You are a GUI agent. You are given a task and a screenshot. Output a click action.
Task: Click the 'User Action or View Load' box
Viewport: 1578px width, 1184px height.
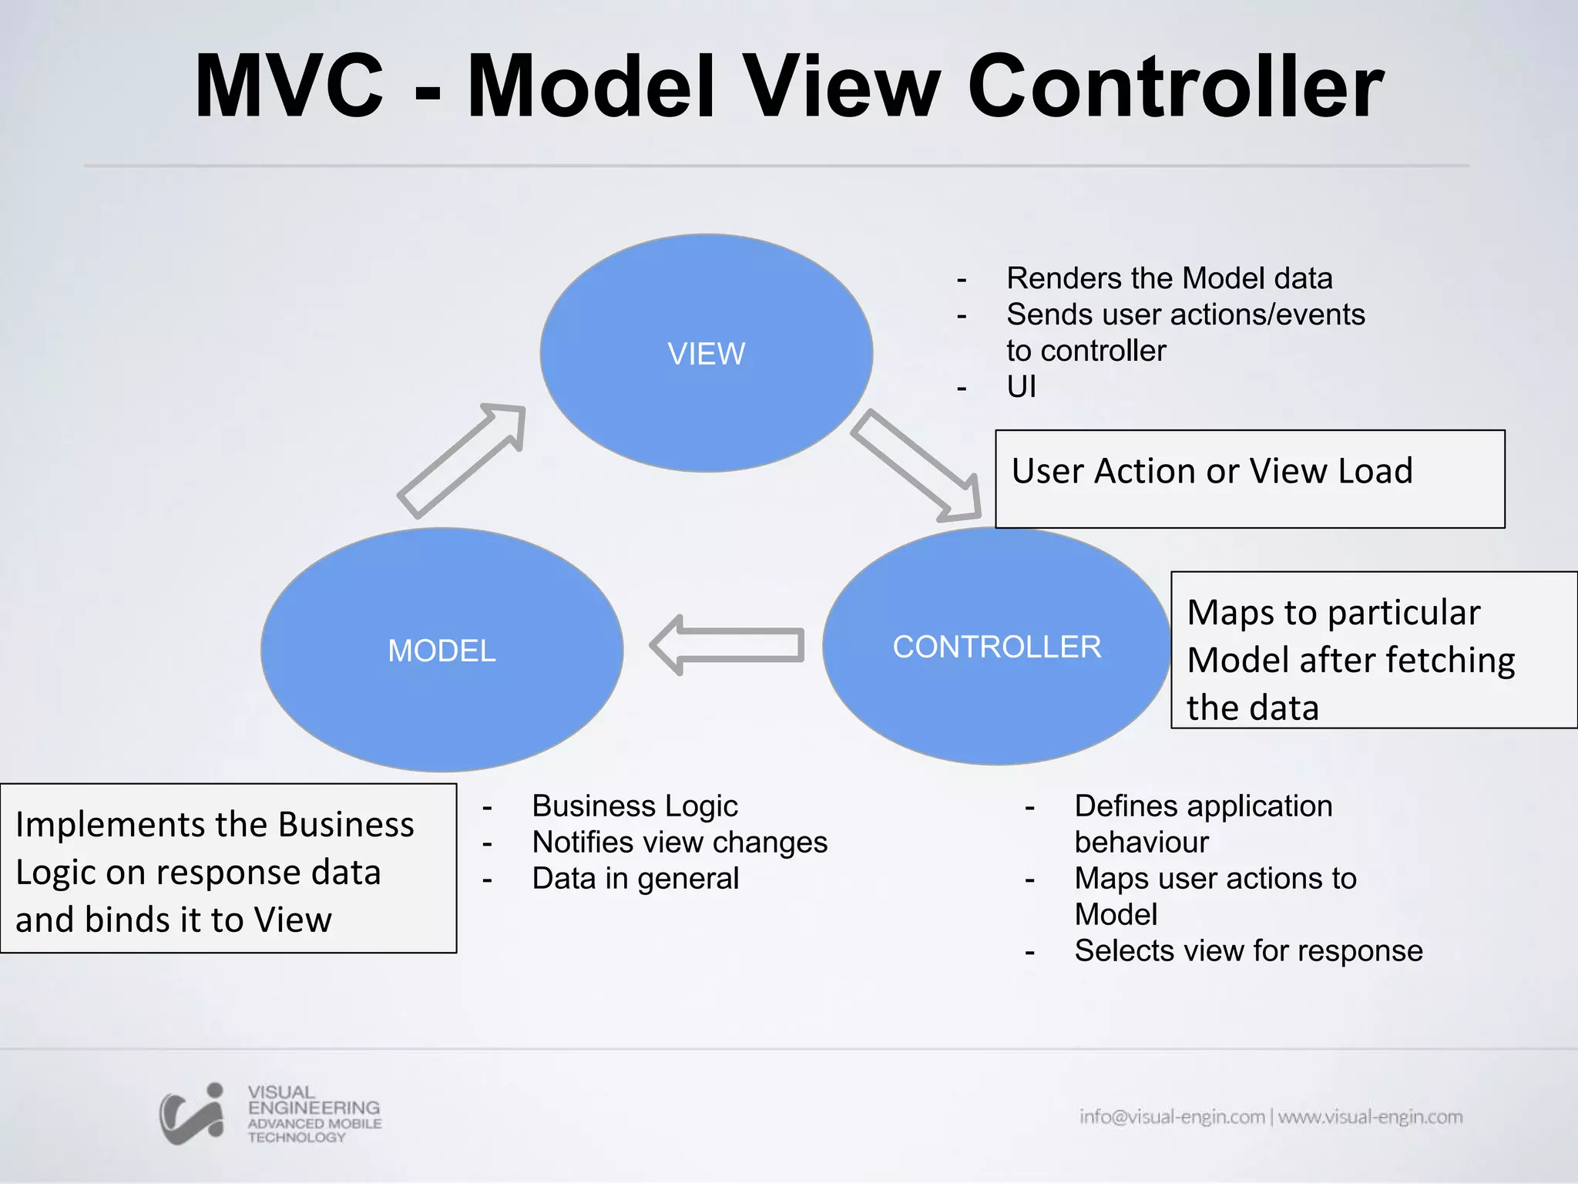click(x=1249, y=479)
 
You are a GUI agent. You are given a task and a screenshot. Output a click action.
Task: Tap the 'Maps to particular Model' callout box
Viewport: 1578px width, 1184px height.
click(x=1373, y=650)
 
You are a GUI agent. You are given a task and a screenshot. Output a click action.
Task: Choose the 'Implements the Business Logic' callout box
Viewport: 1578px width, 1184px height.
click(x=228, y=869)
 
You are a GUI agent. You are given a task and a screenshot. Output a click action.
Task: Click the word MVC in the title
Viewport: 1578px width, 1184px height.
click(x=289, y=86)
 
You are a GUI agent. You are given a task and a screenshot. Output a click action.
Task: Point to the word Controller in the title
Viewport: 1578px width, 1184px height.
click(x=1175, y=86)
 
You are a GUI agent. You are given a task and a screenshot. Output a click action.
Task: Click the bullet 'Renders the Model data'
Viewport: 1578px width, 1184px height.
click(x=1169, y=278)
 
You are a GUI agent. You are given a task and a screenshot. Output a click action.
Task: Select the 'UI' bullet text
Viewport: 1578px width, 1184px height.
click(x=1021, y=386)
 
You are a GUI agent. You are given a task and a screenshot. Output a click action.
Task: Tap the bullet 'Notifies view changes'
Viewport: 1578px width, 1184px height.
click(x=679, y=842)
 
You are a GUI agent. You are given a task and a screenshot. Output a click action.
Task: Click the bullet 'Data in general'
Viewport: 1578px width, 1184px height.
click(x=635, y=878)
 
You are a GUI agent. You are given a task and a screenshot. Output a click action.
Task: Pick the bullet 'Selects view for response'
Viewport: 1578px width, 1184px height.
click(x=1248, y=950)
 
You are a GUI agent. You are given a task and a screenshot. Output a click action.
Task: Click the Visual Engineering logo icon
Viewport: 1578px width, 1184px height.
click(x=193, y=1115)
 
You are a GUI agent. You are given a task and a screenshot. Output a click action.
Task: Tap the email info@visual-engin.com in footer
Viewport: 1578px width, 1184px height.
click(x=1171, y=1116)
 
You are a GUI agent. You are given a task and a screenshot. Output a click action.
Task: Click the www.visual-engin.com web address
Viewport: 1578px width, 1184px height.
click(x=1370, y=1116)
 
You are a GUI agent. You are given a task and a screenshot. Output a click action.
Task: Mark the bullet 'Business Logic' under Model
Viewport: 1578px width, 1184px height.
click(x=634, y=806)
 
